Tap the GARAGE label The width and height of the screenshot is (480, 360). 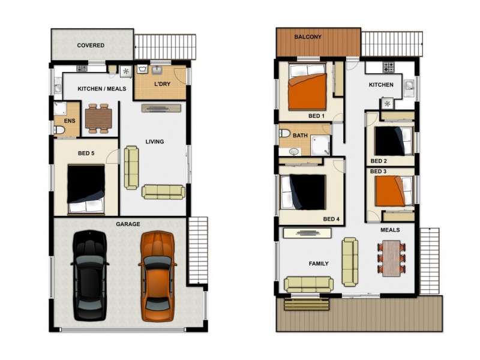(x=128, y=224)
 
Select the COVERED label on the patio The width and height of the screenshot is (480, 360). (x=91, y=46)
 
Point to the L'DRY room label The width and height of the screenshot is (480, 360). (x=162, y=85)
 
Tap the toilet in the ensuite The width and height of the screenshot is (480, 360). (x=59, y=130)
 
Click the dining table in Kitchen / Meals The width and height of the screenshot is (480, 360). (x=98, y=118)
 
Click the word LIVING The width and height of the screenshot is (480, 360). (x=155, y=142)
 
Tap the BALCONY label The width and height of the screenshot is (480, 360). (x=308, y=37)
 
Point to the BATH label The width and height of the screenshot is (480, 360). (x=300, y=136)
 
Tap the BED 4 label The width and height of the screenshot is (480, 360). (x=331, y=219)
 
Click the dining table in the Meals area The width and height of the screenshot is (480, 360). (x=391, y=258)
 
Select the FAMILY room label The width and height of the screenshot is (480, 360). (x=318, y=263)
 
